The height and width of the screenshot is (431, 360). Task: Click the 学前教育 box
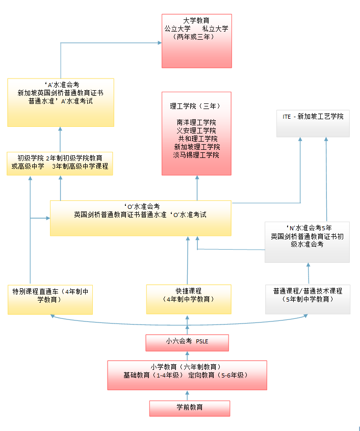[189, 408]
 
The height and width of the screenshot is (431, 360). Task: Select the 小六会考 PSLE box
[187, 342]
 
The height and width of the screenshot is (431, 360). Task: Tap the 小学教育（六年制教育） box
[187, 375]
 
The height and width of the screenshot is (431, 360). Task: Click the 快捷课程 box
[188, 299]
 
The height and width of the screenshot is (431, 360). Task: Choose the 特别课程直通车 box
[50, 299]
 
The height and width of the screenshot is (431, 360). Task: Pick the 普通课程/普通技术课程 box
[307, 299]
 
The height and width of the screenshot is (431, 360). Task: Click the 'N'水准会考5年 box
[307, 242]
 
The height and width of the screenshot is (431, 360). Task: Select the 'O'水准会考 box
[140, 218]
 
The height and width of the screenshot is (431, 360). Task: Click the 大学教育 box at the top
[196, 41]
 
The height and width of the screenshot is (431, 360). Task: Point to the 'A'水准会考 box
[60, 102]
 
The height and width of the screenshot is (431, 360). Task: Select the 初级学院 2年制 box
[60, 163]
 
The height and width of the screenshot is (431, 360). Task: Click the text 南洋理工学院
[196, 123]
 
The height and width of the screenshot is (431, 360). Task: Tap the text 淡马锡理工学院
[196, 155]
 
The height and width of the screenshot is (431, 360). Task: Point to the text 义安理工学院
[196, 131]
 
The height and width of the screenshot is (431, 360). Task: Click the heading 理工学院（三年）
[196, 106]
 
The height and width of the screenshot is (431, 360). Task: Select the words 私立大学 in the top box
[215, 29]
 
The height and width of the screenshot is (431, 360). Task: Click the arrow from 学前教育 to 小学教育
[187, 395]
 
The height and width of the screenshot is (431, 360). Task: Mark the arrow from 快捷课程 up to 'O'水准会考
[188, 260]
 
